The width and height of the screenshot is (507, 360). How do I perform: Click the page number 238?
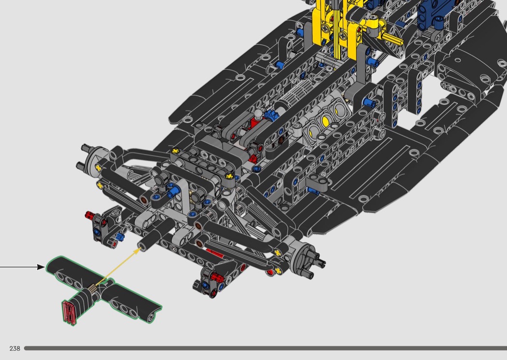point(15,348)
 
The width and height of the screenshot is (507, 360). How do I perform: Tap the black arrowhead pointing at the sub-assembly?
point(41,267)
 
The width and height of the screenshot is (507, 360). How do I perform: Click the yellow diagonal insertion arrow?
point(118,265)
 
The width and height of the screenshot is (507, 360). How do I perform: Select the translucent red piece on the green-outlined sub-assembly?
point(69,312)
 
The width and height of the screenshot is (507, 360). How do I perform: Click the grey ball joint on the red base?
point(258,114)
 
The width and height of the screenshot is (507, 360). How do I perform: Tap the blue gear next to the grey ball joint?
point(269,115)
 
